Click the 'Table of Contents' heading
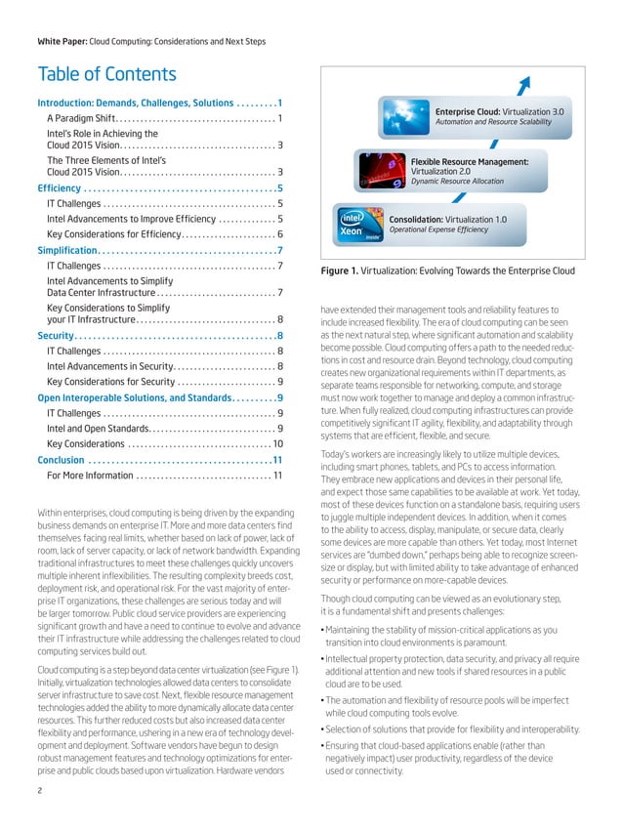[x=106, y=74]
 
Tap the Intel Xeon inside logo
[x=358, y=225]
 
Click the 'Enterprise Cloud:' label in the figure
[x=474, y=112]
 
